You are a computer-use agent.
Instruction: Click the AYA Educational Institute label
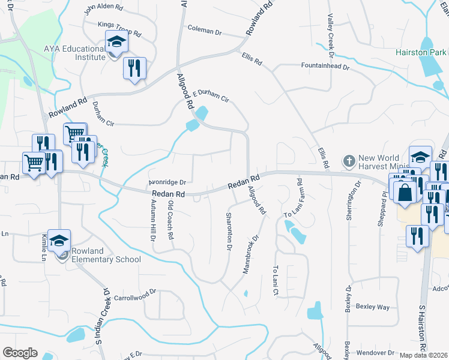coord(74,53)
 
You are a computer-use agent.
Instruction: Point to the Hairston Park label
coord(420,52)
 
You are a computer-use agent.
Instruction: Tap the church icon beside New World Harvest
coord(349,161)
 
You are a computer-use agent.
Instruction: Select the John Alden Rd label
coord(103,8)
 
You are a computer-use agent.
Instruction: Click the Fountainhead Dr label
coord(325,65)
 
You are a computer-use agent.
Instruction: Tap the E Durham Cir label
coord(211,97)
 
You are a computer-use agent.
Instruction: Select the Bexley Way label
coord(373,307)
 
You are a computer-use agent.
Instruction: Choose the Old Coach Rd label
coord(170,221)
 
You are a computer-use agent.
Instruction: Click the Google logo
coord(20,353)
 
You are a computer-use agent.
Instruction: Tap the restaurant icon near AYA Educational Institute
coord(134,67)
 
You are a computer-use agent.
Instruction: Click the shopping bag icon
coord(405,193)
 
